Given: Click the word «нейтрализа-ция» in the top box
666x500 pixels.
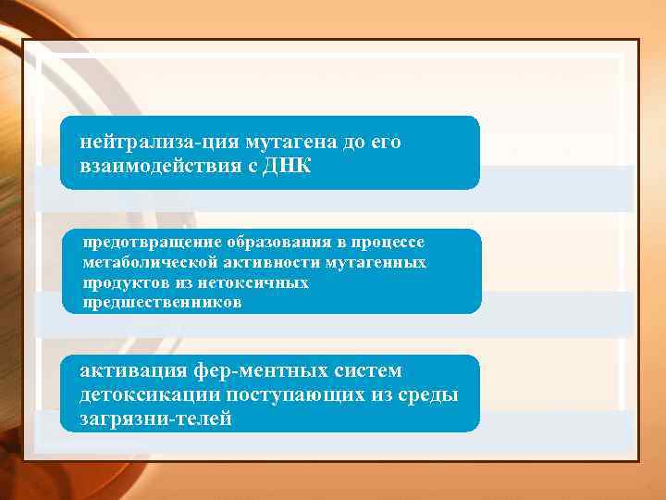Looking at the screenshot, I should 159,144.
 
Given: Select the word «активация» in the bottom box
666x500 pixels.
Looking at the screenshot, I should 134,371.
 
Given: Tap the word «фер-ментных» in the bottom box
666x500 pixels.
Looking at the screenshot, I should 267,371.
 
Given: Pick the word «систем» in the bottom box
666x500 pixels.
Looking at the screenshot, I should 373,371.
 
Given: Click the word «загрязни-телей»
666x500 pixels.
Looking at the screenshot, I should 154,419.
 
